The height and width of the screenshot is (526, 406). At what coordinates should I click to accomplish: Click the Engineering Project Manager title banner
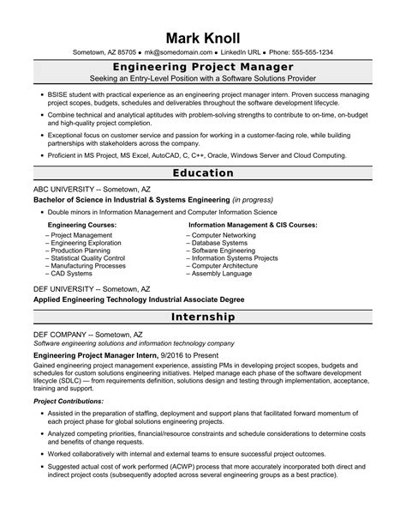click(x=203, y=66)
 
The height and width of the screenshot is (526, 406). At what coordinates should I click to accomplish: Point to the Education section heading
click(x=203, y=172)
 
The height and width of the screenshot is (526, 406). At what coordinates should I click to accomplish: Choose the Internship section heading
click(x=203, y=317)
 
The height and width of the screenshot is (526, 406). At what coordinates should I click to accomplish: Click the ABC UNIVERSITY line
click(x=91, y=188)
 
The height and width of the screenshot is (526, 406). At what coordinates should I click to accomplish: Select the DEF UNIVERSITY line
click(x=91, y=289)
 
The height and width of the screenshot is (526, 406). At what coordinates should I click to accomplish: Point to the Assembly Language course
click(x=222, y=274)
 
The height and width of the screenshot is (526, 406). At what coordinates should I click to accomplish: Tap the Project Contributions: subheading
click(x=69, y=401)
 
